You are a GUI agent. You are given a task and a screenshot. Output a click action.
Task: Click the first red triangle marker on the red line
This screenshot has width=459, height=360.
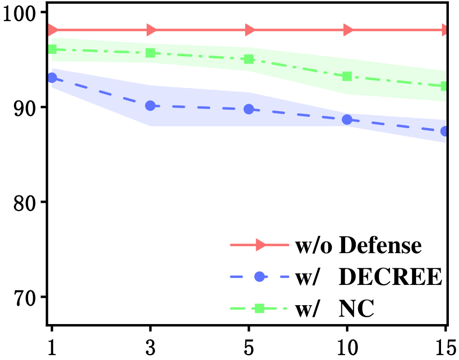tap(53, 30)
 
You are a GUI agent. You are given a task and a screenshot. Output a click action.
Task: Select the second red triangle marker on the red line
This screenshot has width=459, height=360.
tap(151, 30)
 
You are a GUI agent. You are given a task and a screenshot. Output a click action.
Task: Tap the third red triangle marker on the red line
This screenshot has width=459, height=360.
tap(249, 30)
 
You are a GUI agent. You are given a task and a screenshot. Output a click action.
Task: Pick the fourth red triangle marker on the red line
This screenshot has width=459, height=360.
tap(347, 30)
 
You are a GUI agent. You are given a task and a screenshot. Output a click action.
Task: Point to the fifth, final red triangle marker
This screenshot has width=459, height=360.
tap(444, 30)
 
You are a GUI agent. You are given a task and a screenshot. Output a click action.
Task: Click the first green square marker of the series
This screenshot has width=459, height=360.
tap(53, 49)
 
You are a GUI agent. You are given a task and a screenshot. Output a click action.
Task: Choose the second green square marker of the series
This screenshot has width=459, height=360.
tap(150, 53)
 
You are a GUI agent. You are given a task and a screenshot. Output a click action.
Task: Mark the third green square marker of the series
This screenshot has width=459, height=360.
tap(249, 59)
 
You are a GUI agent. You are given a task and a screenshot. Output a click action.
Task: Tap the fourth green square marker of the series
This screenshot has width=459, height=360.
tap(347, 76)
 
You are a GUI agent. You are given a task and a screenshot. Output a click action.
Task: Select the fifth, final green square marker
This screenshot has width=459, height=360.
tap(444, 86)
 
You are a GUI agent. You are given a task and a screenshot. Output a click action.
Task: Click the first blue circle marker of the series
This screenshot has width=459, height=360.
tap(52, 78)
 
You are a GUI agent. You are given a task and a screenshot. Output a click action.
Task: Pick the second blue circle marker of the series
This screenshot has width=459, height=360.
tap(150, 106)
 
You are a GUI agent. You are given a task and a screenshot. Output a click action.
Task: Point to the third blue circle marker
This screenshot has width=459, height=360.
tap(249, 109)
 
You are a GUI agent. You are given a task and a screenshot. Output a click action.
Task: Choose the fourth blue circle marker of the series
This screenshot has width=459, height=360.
tap(347, 120)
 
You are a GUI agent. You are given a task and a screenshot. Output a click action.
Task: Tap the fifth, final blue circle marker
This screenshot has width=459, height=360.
tap(444, 131)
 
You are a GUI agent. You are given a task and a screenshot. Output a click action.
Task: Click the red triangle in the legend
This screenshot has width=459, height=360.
tap(260, 245)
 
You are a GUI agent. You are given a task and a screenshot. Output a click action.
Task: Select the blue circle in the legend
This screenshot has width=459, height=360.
tap(259, 277)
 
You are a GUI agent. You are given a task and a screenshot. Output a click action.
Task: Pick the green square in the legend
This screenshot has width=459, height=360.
tap(259, 308)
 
